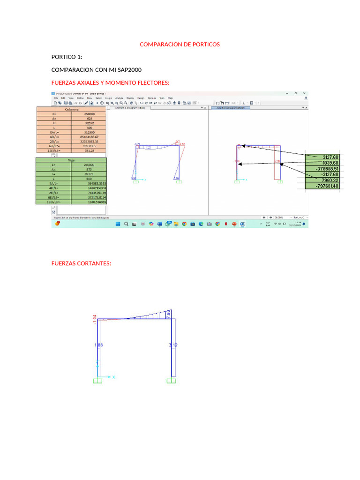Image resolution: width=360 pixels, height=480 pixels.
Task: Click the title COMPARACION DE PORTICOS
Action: pos(180,45)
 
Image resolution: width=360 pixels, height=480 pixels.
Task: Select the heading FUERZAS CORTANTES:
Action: pos(81,263)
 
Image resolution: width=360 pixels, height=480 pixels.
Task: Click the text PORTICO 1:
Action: pos(67,57)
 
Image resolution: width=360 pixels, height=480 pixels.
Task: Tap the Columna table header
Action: pos(71,109)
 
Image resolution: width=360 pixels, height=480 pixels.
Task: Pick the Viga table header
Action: pos(71,160)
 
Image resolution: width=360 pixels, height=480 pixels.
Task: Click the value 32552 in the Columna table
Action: pos(89,123)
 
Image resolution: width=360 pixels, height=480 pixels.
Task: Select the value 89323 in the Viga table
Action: pos(89,174)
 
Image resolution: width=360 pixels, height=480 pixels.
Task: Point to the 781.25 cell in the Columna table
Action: pos(89,151)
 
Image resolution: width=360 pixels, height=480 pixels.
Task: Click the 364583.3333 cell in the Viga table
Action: pos(89,183)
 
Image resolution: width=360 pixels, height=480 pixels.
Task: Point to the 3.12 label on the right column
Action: pos(173,345)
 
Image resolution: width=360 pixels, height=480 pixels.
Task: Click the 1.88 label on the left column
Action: pos(98,345)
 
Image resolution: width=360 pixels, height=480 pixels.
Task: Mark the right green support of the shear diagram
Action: pos(172,381)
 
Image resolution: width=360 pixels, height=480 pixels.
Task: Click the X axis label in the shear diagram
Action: pos(113,376)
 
